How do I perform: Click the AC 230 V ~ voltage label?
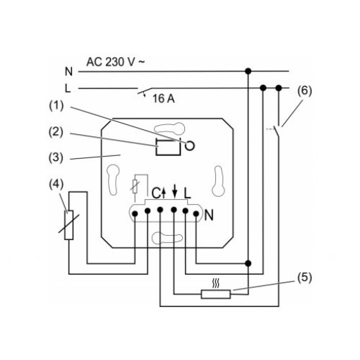[116, 62]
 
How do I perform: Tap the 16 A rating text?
[164, 99]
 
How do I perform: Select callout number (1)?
[56, 106]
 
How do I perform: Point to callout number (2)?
[56, 132]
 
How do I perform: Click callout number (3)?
[56, 157]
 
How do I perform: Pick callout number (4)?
[56, 184]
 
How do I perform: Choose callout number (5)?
[304, 277]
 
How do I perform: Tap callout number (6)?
[304, 91]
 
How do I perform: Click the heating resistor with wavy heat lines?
[216, 294]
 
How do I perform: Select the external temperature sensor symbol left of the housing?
[68, 225]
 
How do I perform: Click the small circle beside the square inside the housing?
[190, 146]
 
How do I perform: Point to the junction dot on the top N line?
[248, 71]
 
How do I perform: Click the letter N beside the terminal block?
[209, 215]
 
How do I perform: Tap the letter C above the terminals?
[156, 193]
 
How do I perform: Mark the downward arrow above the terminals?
[174, 191]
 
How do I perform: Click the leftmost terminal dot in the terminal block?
[135, 214]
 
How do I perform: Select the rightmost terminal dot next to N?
[196, 214]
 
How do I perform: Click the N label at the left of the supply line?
[68, 71]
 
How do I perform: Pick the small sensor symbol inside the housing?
[135, 186]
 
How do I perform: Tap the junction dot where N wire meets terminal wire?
[248, 263]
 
